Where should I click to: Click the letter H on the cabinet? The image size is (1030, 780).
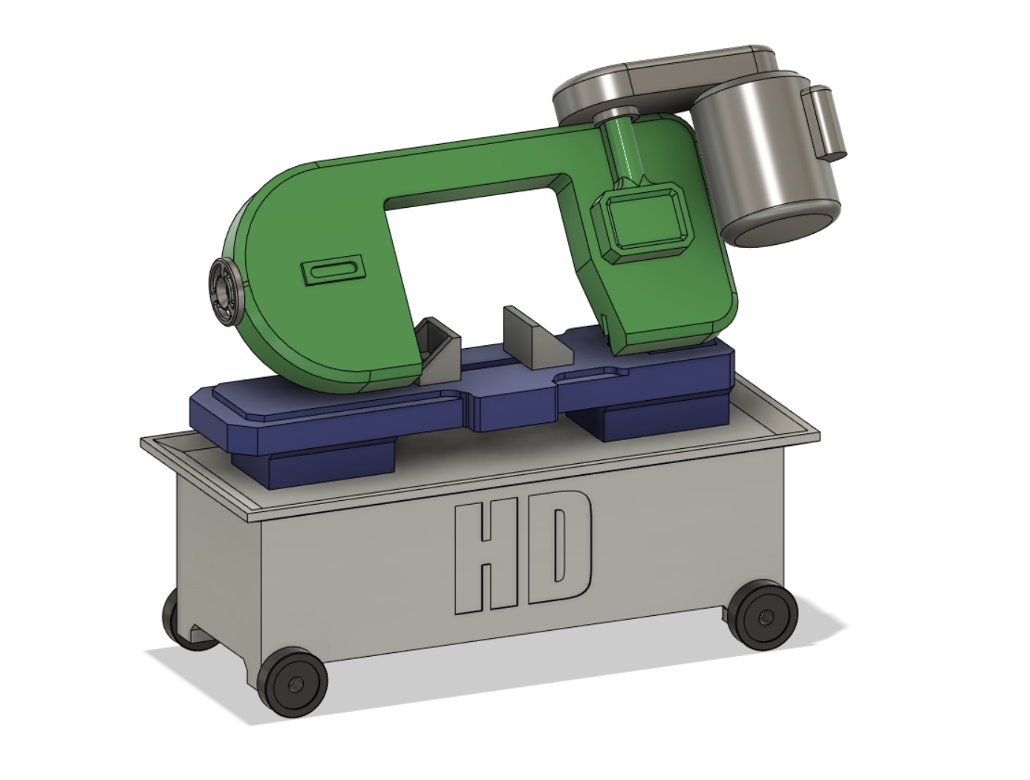tap(486, 557)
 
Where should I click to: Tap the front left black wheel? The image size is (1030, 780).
tap(294, 682)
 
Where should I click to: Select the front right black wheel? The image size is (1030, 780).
tap(765, 615)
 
